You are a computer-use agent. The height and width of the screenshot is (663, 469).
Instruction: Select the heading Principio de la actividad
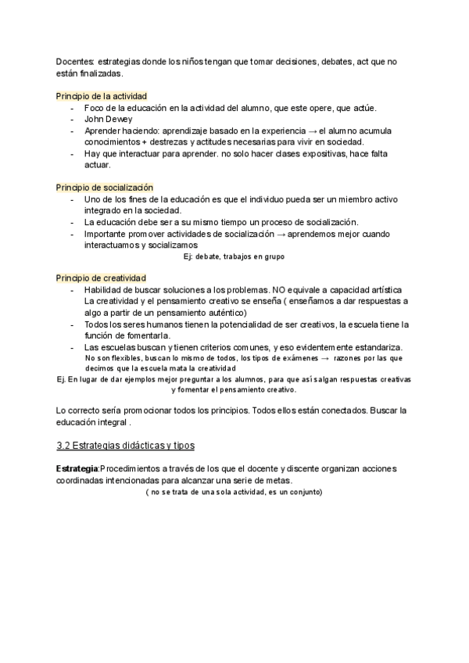tap(101, 96)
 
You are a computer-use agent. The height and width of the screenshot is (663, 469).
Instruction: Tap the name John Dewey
tap(109, 119)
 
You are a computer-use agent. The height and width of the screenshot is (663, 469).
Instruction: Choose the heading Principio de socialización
tap(105, 188)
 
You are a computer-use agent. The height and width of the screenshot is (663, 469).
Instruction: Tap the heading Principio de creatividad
tap(101, 278)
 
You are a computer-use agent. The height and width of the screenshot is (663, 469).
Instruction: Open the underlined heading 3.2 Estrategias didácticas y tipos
tap(125, 445)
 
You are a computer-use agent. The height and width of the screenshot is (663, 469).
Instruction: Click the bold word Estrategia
tap(77, 468)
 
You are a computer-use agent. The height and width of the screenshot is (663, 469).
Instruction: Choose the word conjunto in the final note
tap(302, 492)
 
